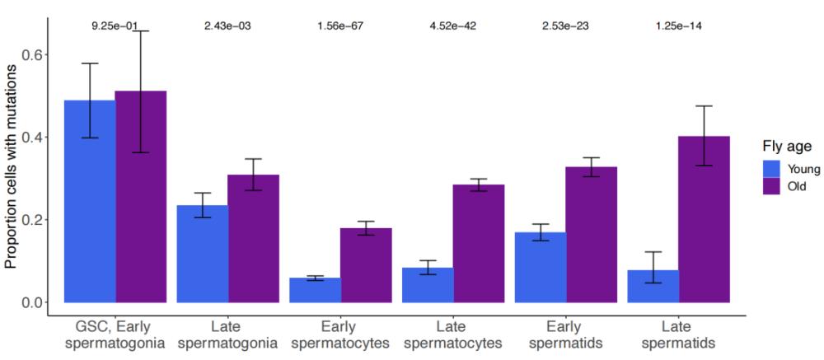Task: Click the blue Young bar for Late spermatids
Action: pos(653,287)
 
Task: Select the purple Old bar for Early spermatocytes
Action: pos(367,265)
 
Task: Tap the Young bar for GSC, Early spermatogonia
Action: pos(90,201)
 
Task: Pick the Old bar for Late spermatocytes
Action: pos(480,243)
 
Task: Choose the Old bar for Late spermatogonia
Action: pos(253,239)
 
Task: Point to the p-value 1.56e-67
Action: pos(340,26)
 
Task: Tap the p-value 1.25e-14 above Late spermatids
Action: pos(678,26)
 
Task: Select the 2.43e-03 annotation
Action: pos(227,26)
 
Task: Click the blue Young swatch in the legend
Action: pos(772,168)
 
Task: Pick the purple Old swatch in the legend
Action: pos(772,186)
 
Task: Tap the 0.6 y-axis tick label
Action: pos(31,54)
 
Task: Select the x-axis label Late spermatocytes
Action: pos(452,334)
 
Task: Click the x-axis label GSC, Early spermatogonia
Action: pos(115,334)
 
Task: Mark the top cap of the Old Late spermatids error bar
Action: pos(705,106)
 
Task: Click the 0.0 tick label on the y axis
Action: pos(31,302)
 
